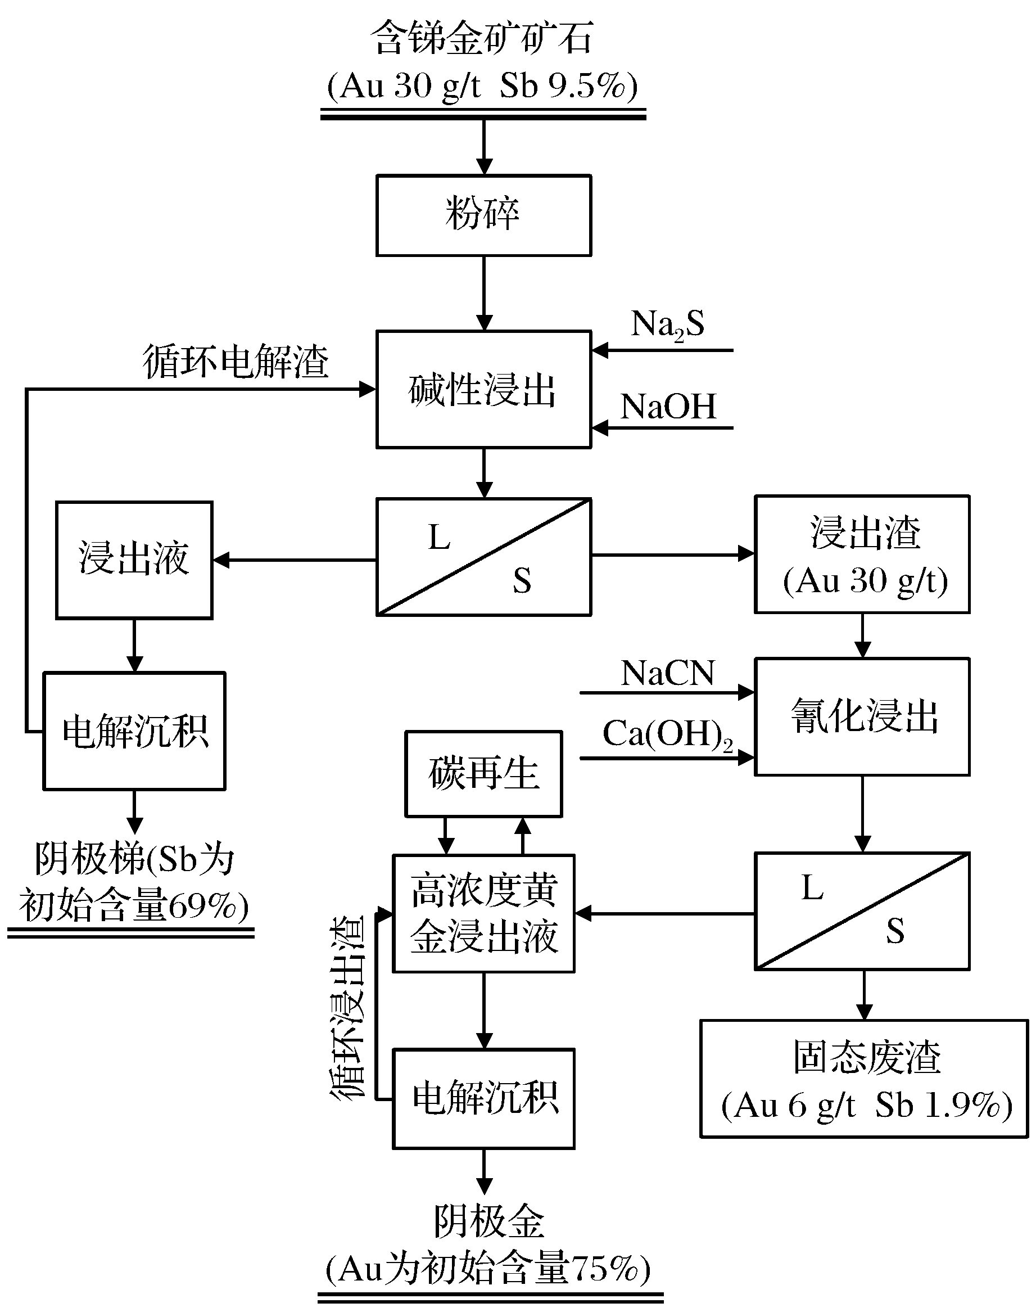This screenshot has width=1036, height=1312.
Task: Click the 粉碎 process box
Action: pos(483,215)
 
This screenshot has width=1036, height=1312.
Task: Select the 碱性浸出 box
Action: pos(483,390)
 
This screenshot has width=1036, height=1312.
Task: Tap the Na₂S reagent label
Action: pos(668,324)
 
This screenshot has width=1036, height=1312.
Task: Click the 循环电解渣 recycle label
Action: pos(236,362)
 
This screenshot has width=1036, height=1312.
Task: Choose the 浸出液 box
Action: pos(134,560)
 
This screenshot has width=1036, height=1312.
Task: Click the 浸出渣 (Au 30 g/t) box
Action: pos(862,554)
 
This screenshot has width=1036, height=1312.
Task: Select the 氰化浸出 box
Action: pos(862,716)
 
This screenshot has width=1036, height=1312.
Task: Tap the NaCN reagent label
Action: pos(668,674)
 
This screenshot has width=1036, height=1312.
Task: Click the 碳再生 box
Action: pos(483,774)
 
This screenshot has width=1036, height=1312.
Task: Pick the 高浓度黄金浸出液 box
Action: pos(483,913)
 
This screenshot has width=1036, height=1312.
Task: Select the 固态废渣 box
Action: pos(865,1077)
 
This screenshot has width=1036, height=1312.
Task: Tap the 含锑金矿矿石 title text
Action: pos(482,38)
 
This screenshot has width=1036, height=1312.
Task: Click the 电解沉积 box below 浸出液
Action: pos(134,731)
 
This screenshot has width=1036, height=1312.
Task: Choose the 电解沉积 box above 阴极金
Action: pos(483,1098)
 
